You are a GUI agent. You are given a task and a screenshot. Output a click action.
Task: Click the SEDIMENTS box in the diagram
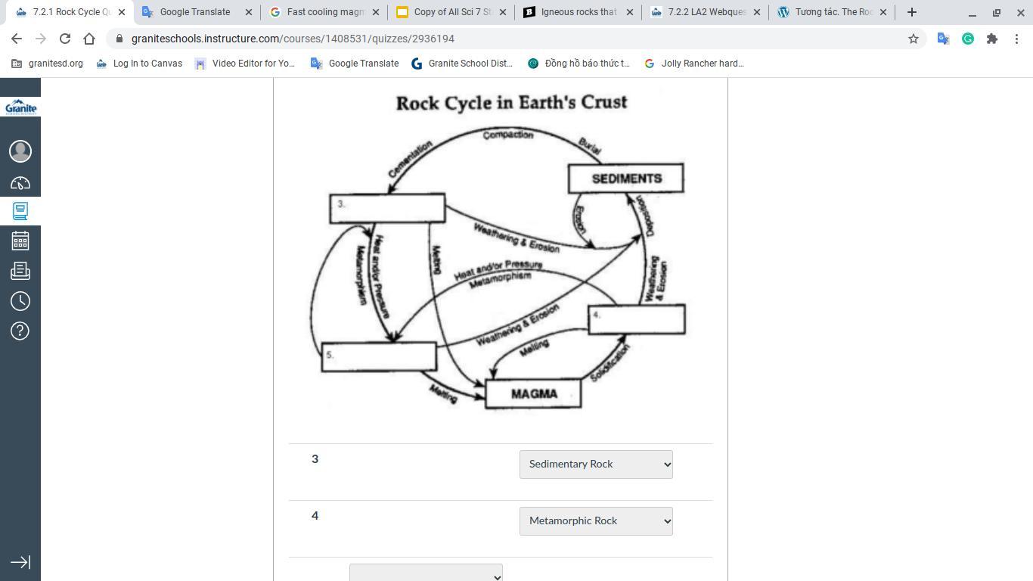626,179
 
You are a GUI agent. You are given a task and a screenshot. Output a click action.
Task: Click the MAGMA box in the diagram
533,394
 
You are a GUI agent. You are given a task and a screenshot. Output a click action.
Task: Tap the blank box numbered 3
387,208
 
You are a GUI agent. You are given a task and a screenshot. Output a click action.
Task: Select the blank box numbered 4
637,318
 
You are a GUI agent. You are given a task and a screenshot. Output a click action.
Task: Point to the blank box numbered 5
379,356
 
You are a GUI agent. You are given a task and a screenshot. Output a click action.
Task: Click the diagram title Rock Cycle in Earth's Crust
511,103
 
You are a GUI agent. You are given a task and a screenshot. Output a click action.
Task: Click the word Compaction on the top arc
508,135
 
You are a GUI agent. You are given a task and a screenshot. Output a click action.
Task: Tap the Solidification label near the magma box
610,363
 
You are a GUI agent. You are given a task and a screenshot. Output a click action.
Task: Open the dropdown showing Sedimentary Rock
596,464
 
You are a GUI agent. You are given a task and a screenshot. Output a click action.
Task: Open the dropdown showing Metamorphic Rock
596,521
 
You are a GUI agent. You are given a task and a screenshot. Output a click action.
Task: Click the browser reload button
65,39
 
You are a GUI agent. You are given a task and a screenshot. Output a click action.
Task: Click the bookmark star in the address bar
914,39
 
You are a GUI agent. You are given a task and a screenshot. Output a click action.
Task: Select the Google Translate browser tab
194,12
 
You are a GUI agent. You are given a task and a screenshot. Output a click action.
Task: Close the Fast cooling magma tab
376,12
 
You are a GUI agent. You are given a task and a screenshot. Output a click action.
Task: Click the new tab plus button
912,12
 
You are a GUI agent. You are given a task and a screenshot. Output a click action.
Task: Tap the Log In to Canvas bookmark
140,64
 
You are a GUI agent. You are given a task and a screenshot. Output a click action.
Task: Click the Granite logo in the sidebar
20,107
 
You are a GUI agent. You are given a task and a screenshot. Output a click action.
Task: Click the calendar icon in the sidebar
20,241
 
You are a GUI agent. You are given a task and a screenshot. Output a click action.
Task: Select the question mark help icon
20,331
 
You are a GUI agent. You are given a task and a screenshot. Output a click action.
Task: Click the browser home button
89,39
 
